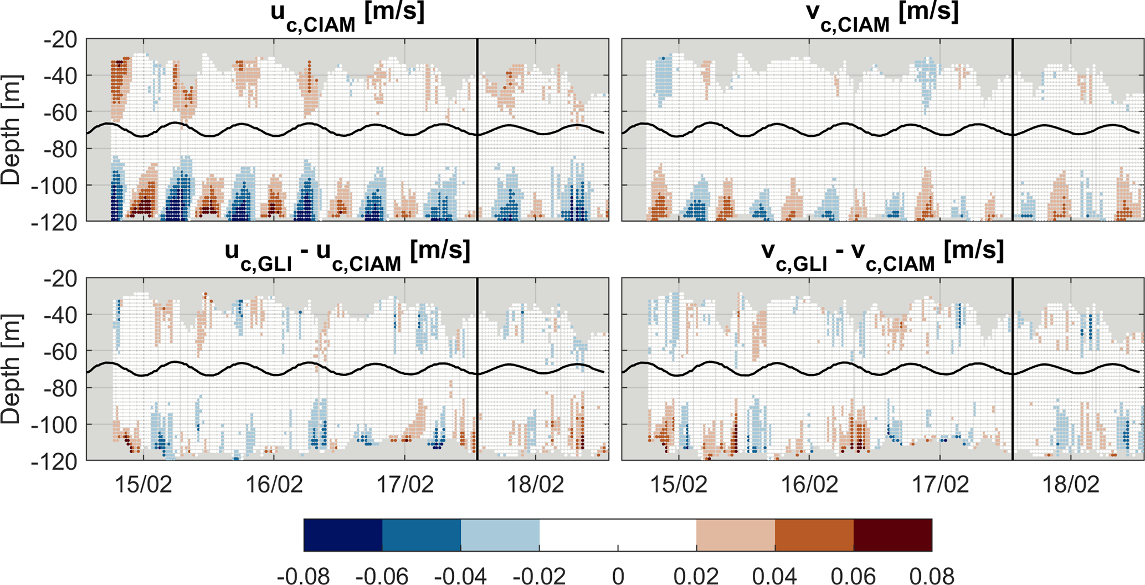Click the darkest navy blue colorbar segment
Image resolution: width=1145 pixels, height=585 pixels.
tap(343, 535)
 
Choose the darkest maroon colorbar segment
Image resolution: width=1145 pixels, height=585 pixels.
tap(892, 535)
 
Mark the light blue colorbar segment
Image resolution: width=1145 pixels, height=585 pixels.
tap(500, 535)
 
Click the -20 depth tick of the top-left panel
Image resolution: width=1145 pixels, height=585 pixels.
tap(61, 40)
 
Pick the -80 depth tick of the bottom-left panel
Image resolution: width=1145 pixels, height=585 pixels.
tap(61, 388)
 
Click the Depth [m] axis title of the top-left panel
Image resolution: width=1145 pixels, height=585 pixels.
tap(11, 130)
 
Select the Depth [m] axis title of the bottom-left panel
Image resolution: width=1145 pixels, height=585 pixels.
tap(11, 370)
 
